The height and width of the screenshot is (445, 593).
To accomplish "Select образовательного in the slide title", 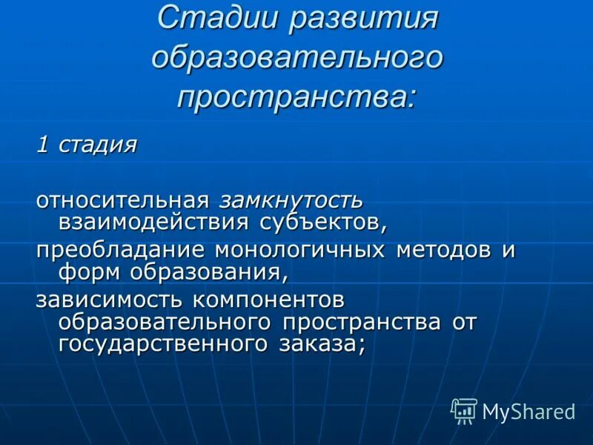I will pos(297,58).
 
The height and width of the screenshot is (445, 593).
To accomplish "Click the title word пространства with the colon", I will pos(297,96).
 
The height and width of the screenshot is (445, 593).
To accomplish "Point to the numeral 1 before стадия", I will pos(43,143).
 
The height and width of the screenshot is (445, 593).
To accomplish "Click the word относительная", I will pos(123,200).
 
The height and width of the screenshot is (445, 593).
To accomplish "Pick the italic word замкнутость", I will pos(290,200).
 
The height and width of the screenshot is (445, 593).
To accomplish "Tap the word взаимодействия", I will pos(153,220).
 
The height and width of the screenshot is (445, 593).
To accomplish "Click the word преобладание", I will pos(120,250).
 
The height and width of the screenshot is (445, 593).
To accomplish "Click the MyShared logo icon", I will pos(464,410).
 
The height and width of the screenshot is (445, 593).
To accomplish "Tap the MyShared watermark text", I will pos(529,412).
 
